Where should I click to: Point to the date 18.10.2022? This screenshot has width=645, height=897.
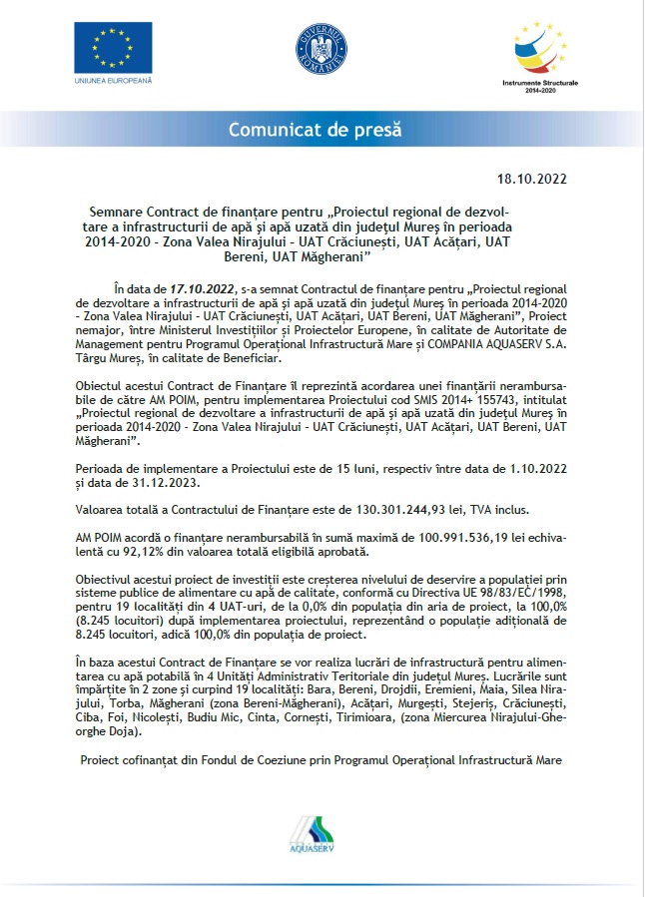pos(531,180)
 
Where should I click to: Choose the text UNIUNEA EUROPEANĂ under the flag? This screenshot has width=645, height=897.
pos(112,78)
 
